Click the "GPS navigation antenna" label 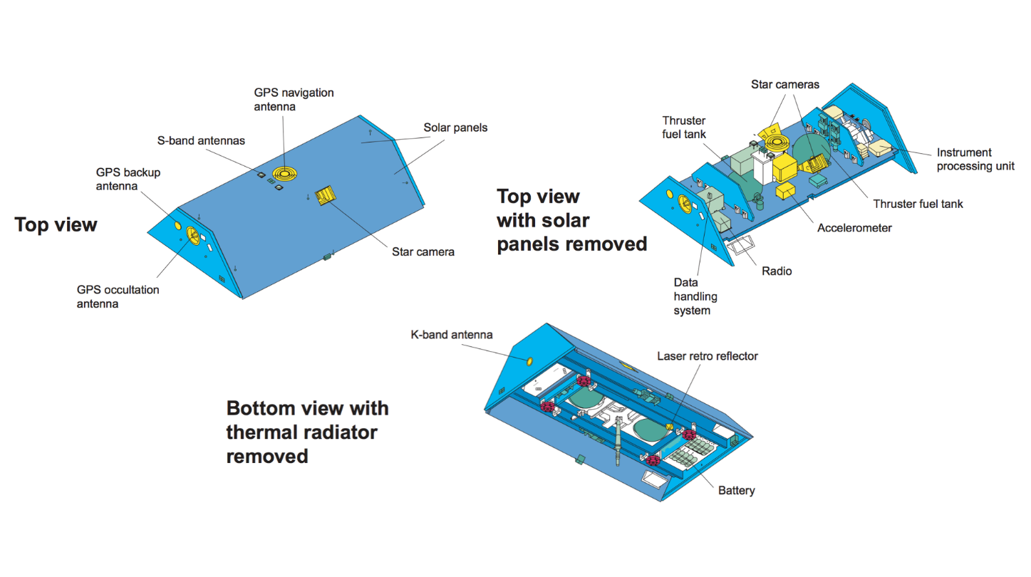294,100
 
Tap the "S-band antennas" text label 201,140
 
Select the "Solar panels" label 455,128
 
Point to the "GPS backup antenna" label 128,179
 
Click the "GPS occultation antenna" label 118,296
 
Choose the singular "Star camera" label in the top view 423,251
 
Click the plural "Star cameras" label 784,84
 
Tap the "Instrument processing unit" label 975,159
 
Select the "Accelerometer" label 854,228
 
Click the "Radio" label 776,271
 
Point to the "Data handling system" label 695,296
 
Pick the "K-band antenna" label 452,334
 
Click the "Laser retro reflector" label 708,355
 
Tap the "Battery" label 736,490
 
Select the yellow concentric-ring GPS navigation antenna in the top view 286,174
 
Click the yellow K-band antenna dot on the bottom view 529,362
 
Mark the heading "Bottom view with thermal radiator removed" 307,432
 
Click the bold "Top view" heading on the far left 56,225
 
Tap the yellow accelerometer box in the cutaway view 787,191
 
